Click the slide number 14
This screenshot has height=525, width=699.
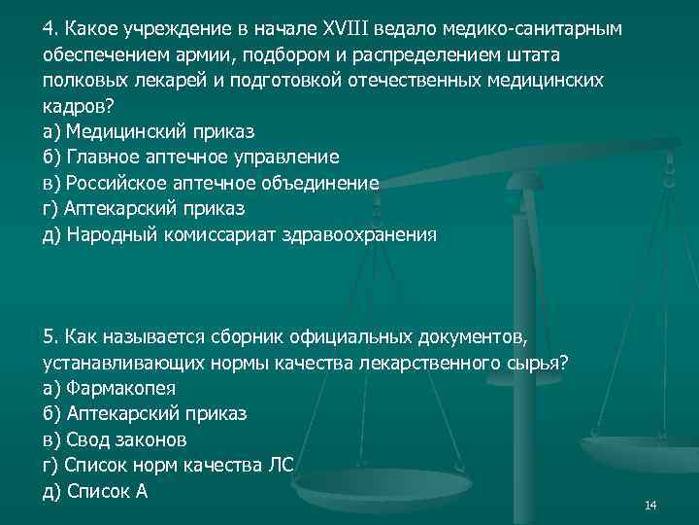pyautogui.click(x=650, y=505)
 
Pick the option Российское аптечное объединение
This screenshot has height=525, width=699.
pyautogui.click(x=223, y=183)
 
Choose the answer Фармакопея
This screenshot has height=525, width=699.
pyautogui.click(x=121, y=388)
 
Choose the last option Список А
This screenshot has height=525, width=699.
pyautogui.click(x=107, y=491)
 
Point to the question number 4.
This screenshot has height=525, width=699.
pyautogui.click(x=50, y=28)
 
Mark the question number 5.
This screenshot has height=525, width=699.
pyautogui.click(x=50, y=336)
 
